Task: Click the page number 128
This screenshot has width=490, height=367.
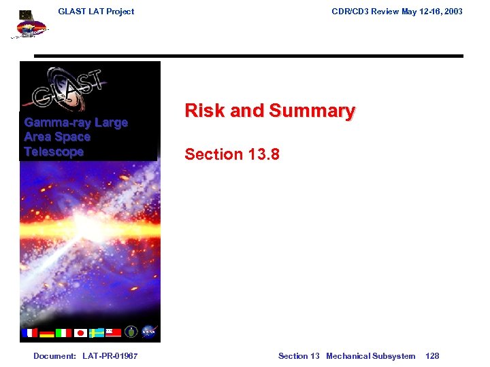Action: [432, 356]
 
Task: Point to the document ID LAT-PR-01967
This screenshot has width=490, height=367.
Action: [110, 356]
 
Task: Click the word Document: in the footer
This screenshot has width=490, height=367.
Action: [54, 356]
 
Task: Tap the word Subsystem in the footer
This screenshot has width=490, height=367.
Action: [396, 356]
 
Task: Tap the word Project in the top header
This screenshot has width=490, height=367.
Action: [120, 11]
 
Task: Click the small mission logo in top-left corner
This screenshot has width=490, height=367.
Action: [30, 26]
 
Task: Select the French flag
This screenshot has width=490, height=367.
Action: [31, 332]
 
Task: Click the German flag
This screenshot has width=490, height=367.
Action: [47, 332]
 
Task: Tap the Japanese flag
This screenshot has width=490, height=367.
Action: [80, 332]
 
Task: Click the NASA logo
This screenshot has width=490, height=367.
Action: [150, 332]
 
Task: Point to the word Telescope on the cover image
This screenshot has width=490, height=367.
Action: [54, 152]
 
